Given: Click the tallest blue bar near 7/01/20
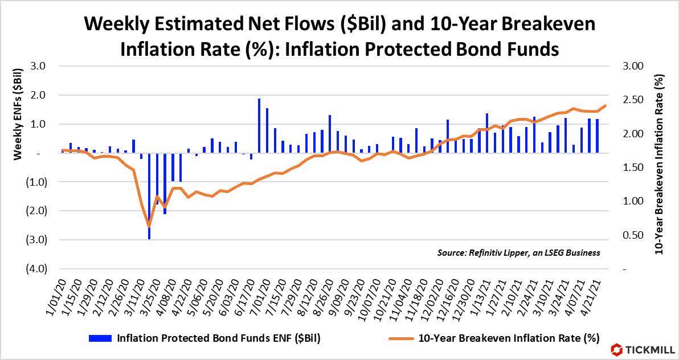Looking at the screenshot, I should point(259,125).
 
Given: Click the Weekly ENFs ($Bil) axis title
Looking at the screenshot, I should point(18,113).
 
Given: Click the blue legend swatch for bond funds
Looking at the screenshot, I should point(101,338).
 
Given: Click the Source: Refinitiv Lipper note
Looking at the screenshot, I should point(518,252).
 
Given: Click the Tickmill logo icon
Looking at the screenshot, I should point(616,349).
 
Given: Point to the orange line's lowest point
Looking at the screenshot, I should point(149,226).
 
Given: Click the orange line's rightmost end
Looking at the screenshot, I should point(606,105).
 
